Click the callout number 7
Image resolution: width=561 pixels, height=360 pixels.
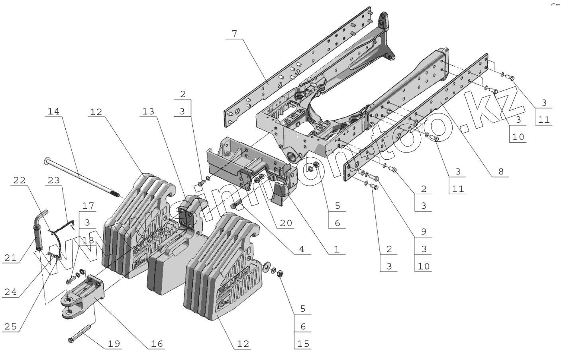234,33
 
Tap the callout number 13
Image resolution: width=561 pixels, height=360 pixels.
148,112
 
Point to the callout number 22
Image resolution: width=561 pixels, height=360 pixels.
19,180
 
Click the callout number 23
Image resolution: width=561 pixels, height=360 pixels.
54,180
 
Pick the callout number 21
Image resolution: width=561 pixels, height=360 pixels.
10,258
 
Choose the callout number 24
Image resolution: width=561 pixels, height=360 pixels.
10,292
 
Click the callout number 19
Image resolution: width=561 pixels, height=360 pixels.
114,344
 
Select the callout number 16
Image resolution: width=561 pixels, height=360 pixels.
157,344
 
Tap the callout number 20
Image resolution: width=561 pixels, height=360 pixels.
285,223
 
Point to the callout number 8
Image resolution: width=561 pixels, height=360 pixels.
501,172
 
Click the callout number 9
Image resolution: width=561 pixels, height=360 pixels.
424,232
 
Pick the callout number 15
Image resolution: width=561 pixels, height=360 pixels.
303,344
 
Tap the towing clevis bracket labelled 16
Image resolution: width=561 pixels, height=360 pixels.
86,297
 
